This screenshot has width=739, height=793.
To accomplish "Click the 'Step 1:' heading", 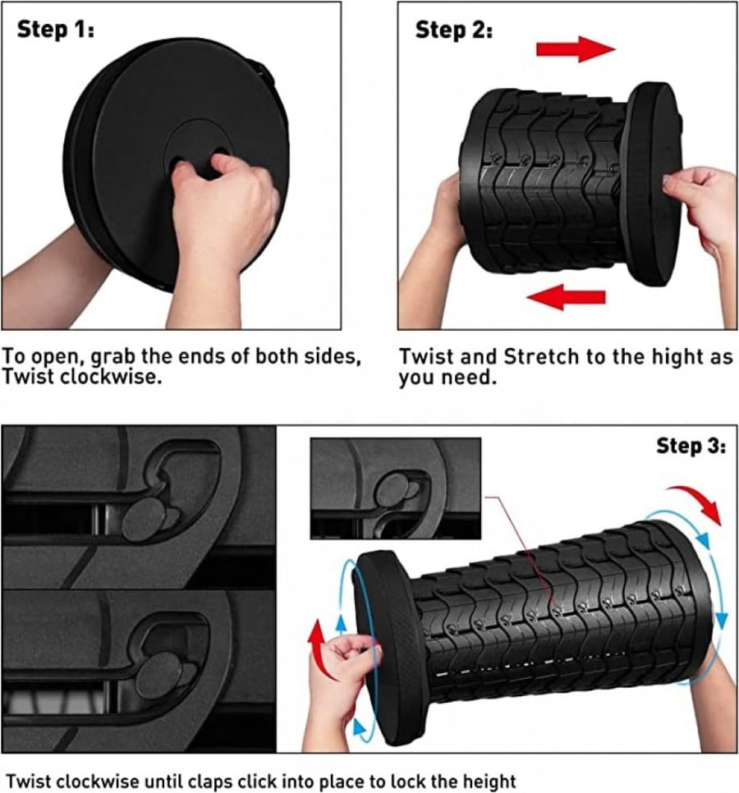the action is point(55,30).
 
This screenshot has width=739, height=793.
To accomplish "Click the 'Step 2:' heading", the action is point(454,30).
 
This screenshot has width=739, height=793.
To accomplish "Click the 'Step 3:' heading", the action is point(691,446).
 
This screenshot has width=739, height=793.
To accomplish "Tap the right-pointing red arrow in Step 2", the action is point(576,49).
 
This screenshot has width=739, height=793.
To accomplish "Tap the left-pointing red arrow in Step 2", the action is point(566,296).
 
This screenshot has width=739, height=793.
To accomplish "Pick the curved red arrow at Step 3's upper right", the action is point(698,500).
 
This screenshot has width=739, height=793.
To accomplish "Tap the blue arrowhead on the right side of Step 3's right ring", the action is point(722,620).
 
